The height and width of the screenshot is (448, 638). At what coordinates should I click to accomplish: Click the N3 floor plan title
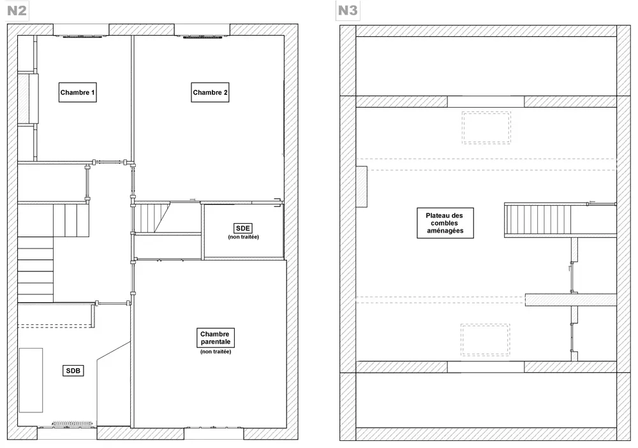point(348,11)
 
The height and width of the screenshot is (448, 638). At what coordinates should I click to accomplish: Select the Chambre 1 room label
point(78,92)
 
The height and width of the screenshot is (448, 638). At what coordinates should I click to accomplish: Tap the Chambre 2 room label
point(211,92)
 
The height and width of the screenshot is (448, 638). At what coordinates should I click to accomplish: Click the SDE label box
point(243,228)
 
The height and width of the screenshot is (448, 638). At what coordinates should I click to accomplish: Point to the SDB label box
point(73,371)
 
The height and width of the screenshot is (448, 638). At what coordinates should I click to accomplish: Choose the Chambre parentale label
point(216,338)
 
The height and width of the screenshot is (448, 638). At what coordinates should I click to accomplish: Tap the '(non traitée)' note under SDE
point(243,237)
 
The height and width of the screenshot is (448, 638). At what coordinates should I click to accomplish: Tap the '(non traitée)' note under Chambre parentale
point(216,352)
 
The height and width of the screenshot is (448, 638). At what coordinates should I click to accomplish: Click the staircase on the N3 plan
point(537,220)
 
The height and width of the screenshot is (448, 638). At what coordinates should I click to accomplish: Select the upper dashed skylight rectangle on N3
point(486,127)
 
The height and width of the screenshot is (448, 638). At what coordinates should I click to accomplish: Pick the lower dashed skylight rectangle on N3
point(486,340)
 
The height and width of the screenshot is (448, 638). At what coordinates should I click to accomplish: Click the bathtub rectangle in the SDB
point(31,380)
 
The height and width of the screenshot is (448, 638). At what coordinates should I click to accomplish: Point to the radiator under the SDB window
point(73,423)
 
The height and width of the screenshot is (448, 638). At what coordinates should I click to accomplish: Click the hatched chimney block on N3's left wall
point(361,186)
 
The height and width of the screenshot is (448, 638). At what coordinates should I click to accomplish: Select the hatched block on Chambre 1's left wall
point(27,99)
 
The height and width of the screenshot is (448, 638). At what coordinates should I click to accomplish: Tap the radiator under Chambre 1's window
point(81,37)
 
